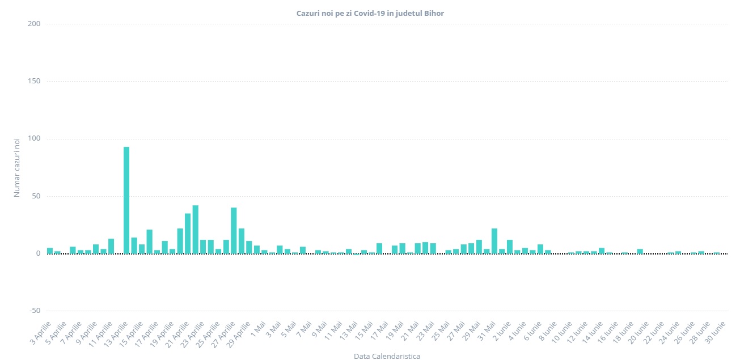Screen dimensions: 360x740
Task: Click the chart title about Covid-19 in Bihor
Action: coord(370,12)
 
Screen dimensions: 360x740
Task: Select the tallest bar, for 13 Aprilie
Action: coord(126,200)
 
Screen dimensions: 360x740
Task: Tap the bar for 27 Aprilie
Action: coord(234,230)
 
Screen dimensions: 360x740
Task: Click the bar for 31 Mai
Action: coord(494,240)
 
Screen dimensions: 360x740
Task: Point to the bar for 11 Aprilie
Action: coord(111,246)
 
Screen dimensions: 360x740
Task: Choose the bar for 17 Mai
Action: coord(379,248)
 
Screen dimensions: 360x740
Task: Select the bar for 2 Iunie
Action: coord(510,247)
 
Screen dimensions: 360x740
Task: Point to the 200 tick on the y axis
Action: coord(34,24)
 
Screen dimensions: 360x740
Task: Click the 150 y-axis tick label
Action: coord(34,81)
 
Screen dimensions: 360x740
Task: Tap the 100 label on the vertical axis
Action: coord(34,139)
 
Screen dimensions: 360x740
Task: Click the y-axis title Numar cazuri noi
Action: coord(17,168)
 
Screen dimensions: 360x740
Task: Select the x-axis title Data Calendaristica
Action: coord(387,356)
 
